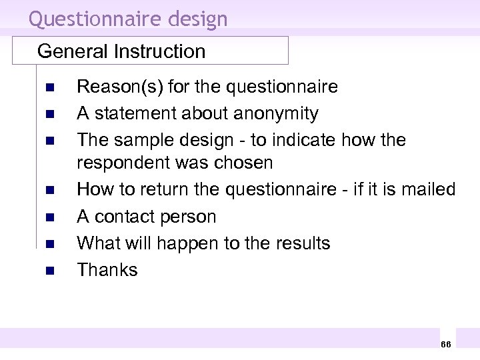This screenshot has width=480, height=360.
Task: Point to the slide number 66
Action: (x=445, y=343)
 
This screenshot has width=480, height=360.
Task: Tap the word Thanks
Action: (x=107, y=270)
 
